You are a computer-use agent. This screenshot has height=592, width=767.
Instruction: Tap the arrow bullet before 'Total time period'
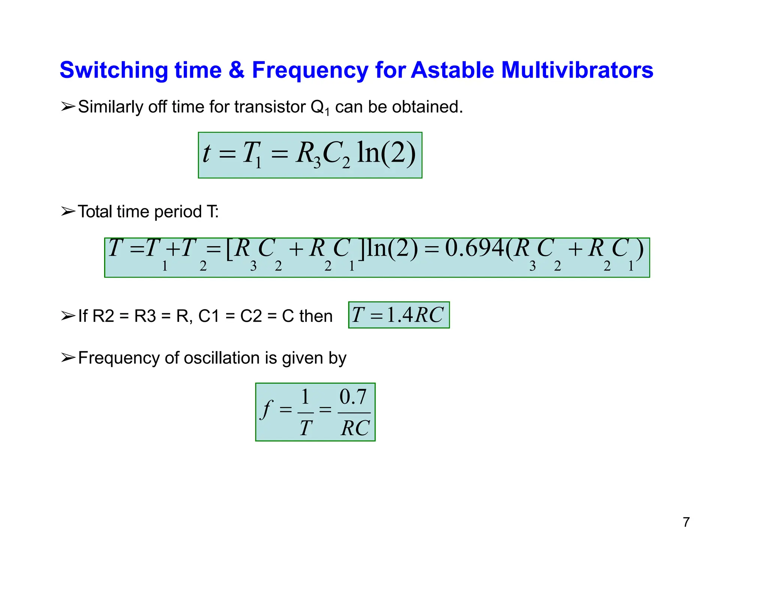pyautogui.click(x=68, y=211)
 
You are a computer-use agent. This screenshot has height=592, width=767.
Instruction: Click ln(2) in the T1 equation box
pyautogui.click(x=386, y=153)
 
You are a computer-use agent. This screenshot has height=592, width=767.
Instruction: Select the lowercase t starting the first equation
pyautogui.click(x=206, y=153)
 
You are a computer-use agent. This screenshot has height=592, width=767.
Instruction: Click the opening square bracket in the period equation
pyautogui.click(x=229, y=249)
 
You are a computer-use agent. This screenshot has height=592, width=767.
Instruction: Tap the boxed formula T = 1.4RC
pyautogui.click(x=398, y=315)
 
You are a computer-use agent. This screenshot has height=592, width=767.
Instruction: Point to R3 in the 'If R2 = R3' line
pyautogui.click(x=145, y=316)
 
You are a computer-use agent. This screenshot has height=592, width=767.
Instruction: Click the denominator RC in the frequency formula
pyautogui.click(x=355, y=428)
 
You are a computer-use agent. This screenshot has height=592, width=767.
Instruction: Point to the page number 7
pyautogui.click(x=686, y=522)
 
